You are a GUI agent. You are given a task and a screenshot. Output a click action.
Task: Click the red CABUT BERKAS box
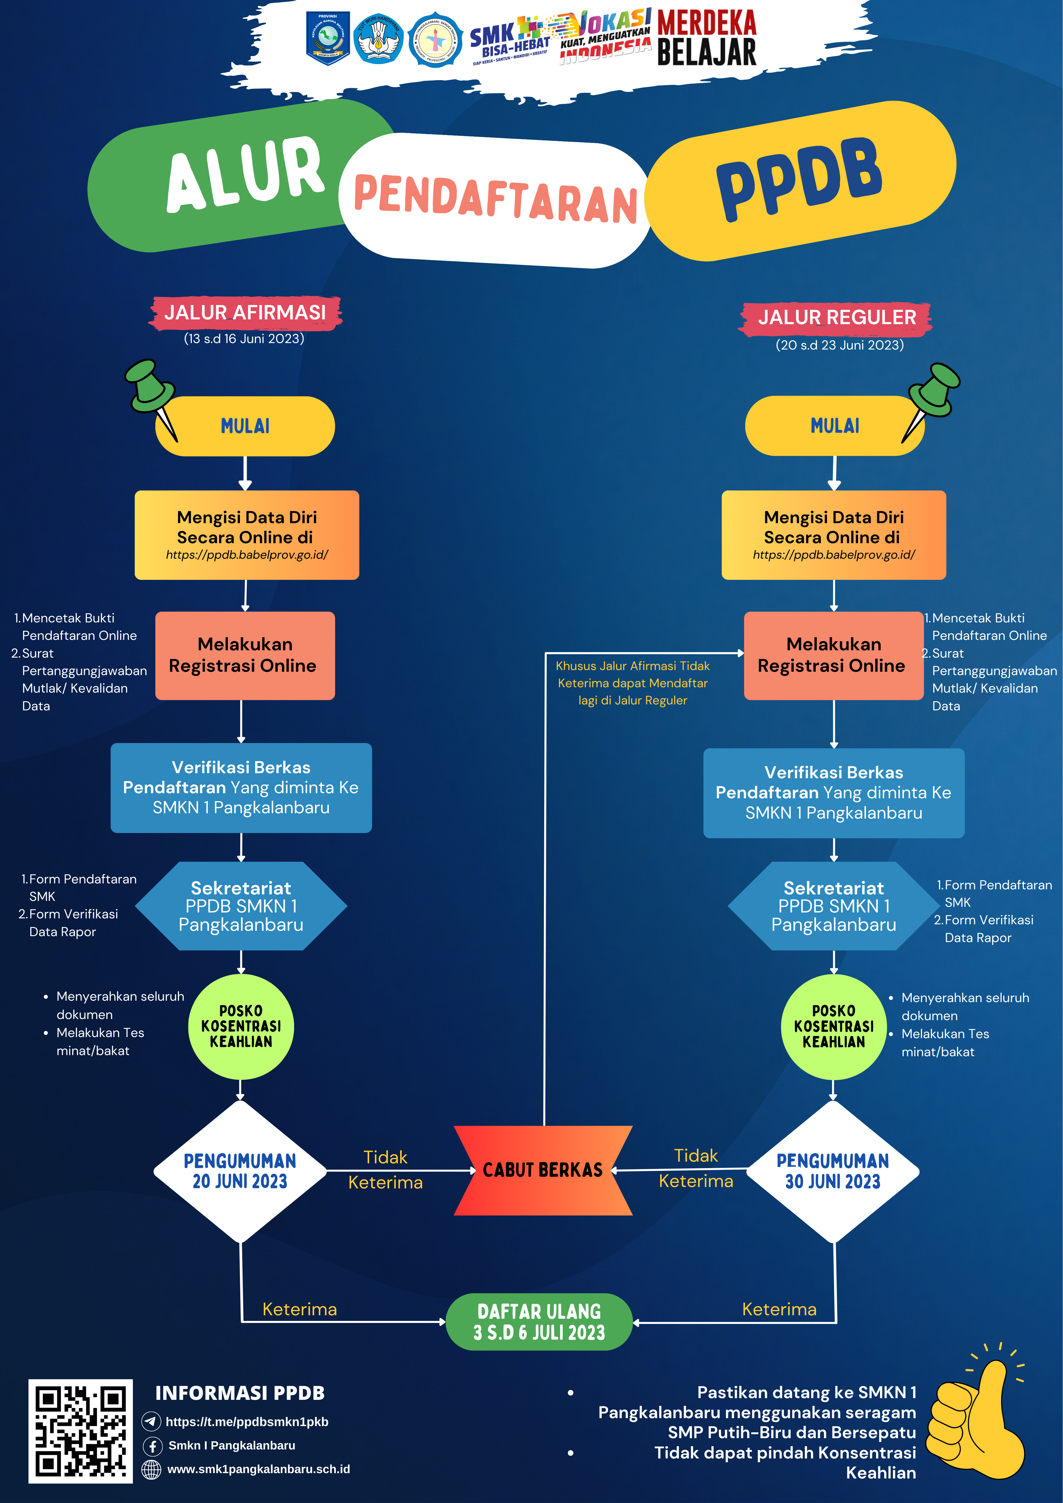tap(543, 1170)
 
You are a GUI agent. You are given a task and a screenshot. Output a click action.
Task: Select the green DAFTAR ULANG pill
tap(539, 1322)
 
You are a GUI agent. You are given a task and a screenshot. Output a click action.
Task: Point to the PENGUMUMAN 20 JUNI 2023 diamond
tap(240, 1171)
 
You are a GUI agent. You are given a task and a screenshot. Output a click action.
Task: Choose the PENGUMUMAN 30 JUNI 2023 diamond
tap(832, 1171)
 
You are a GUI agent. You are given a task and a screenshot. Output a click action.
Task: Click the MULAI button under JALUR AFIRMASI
tap(245, 426)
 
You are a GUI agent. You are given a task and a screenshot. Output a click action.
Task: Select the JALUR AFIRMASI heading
tap(245, 313)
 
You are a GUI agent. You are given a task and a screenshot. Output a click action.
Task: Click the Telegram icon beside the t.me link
tap(151, 1421)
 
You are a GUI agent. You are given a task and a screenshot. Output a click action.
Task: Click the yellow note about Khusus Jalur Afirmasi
tap(633, 683)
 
